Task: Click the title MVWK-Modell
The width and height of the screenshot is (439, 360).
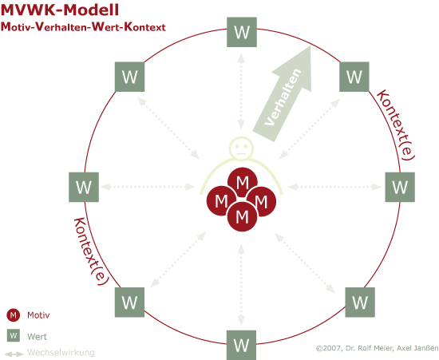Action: (60, 10)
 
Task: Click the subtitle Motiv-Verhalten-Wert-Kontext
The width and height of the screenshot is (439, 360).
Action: (83, 27)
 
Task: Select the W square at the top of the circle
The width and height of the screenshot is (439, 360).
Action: (242, 32)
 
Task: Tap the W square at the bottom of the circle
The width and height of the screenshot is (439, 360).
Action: (241, 345)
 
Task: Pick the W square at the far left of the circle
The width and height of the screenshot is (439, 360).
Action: (84, 187)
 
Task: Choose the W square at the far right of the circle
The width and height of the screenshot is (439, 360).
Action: (400, 187)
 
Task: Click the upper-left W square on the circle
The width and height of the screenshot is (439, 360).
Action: (129, 77)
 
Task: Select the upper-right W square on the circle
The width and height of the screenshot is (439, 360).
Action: (354, 77)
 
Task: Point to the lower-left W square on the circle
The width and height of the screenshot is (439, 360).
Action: (129, 302)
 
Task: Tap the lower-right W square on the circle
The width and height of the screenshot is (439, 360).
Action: (360, 302)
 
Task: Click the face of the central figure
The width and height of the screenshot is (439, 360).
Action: (241, 148)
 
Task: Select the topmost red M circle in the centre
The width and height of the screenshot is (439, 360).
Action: (242, 182)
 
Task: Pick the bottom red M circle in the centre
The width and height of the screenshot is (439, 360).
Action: (242, 216)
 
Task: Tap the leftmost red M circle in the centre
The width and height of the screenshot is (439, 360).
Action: (221, 200)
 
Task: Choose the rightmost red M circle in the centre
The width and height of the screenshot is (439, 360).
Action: (261, 201)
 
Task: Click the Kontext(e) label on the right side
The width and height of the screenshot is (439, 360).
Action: (396, 125)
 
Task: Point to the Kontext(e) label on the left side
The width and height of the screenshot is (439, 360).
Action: (91, 251)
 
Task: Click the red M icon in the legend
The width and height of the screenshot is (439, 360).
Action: (13, 315)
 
